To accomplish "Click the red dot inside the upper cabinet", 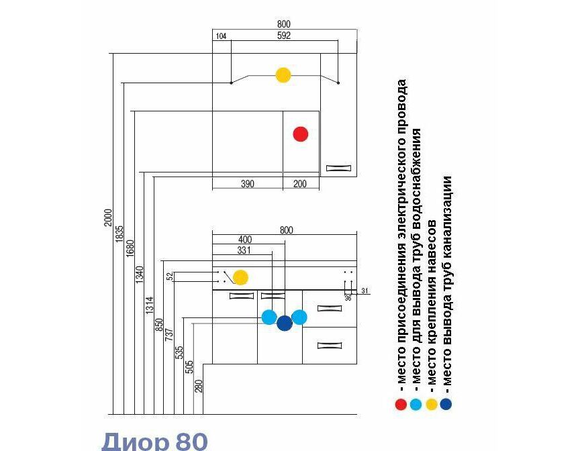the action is coord(300,134).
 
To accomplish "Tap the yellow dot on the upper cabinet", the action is coord(283,75).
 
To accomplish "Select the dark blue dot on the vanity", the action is coord(285,323).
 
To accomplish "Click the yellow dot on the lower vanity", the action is coord(240,278).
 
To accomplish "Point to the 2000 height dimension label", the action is coord(107,217).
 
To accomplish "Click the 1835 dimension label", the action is coord(119,234).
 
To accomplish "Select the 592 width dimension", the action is coord(284,36).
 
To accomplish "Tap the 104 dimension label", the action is coord(221,36).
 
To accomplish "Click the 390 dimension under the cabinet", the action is coord(248,184).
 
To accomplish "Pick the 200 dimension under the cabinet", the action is coord(299,184).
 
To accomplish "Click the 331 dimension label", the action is coord(244,250).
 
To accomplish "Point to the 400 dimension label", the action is coord(245,240).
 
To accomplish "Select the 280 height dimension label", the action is coord(199,387).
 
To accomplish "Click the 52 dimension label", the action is coord(169,276).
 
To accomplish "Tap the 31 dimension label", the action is coord(365,291).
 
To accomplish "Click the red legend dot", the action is coord(401,405).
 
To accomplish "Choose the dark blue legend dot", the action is coord(446,405).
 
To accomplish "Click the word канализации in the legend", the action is coord(447,221).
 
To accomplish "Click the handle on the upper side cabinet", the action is coord(338,168).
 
